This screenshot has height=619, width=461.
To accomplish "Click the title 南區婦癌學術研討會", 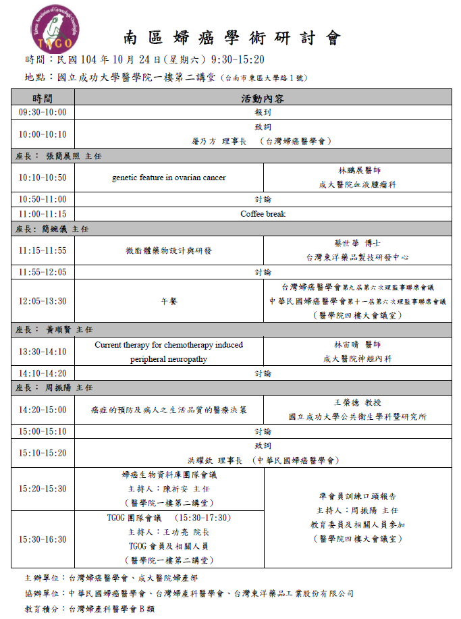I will click(232, 38).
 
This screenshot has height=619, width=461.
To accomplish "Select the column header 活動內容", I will click(263, 99).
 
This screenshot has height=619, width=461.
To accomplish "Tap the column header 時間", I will click(43, 99).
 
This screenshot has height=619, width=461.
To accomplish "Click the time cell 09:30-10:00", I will click(43, 112).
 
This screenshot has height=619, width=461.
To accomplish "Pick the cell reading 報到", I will click(263, 112).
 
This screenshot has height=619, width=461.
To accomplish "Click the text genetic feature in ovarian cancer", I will click(169, 178).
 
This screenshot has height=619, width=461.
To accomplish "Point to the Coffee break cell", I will click(263, 214).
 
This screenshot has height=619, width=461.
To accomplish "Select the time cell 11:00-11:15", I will click(43, 214).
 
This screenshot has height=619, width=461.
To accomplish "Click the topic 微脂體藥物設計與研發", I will click(169, 250).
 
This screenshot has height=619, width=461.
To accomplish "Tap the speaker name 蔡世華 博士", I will click(357, 244).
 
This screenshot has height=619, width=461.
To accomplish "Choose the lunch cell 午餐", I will click(169, 301).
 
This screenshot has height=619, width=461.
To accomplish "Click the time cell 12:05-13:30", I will click(43, 301).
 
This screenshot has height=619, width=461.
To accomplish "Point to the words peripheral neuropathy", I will click(169, 359).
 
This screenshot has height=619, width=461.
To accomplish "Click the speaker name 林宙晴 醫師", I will click(357, 345).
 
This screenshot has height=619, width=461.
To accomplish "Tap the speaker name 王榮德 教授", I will click(357, 403).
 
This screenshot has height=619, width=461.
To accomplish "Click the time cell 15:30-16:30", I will click(43, 539).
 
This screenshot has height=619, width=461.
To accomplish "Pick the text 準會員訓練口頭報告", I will click(357, 496).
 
